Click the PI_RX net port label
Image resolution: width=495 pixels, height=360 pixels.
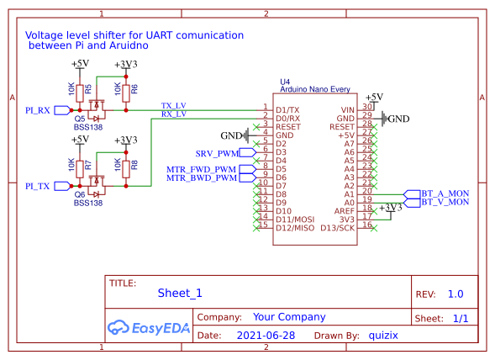(38, 110)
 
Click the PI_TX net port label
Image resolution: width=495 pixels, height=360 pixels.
(38, 185)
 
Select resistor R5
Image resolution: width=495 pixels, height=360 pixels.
(80, 90)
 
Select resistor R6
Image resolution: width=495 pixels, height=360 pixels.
(126, 90)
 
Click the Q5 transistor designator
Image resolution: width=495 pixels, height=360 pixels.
(80, 119)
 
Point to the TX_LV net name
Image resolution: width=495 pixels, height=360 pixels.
(173, 107)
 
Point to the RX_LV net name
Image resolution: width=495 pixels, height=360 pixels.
(173, 114)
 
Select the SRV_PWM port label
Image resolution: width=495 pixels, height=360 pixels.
(216, 153)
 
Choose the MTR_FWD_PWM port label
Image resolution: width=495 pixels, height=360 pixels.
(202, 170)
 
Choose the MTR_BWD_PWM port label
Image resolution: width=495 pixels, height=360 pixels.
(202, 178)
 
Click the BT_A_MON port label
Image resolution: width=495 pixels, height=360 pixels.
(445, 193)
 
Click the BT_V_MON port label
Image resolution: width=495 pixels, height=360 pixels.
(445, 202)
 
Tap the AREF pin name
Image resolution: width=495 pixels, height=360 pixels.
(345, 210)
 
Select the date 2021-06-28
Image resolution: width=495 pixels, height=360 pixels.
(266, 335)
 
